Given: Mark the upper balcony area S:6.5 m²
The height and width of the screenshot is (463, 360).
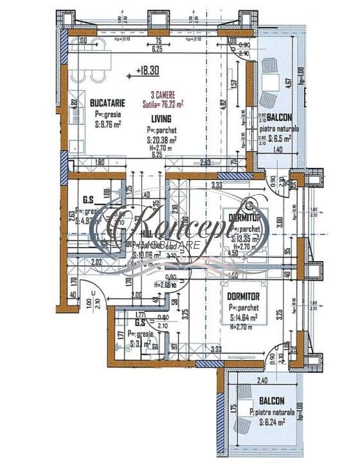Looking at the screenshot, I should coord(280,138).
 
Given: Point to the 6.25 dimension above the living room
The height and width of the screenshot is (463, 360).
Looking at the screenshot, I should coord(156,48).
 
